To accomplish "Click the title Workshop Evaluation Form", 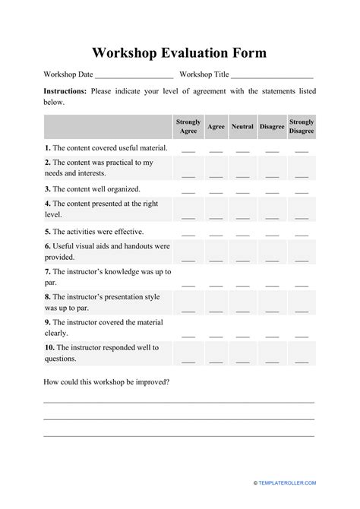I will click(179, 53).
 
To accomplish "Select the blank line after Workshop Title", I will click(272, 75).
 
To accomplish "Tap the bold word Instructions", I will click(65, 91).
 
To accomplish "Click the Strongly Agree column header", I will click(188, 126).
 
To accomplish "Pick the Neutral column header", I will click(242, 126).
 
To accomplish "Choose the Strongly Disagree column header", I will click(302, 126).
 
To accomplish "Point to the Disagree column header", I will click(271, 126).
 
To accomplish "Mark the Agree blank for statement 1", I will click(216, 150).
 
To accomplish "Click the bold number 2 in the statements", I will click(47, 163).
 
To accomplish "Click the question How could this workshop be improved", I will click(106, 382).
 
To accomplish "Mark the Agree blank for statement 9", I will click(216, 335).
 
